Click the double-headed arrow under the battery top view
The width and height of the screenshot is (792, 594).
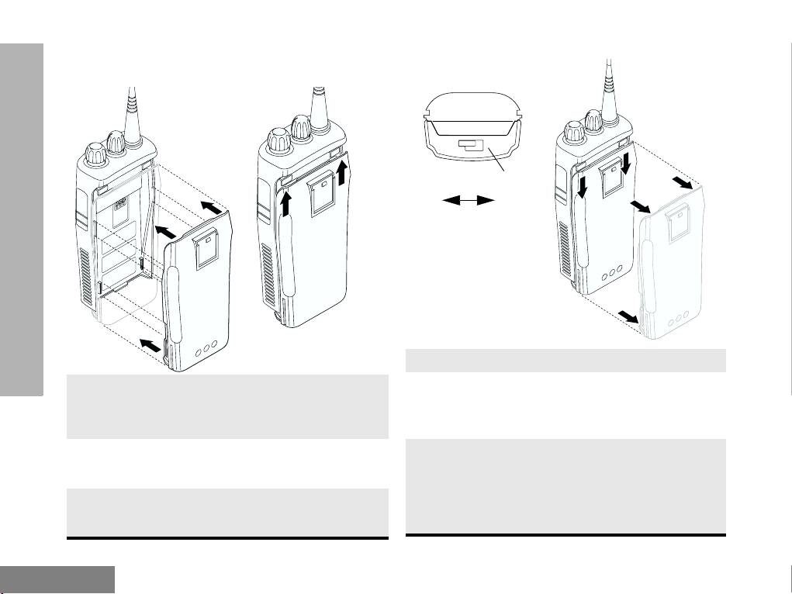point(469,201)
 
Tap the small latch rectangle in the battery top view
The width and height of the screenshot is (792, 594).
point(470,144)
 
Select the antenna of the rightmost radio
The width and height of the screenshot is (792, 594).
point(608,85)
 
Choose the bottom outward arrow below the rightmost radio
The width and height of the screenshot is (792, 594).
point(629,316)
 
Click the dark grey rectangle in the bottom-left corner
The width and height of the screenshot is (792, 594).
point(57,579)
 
